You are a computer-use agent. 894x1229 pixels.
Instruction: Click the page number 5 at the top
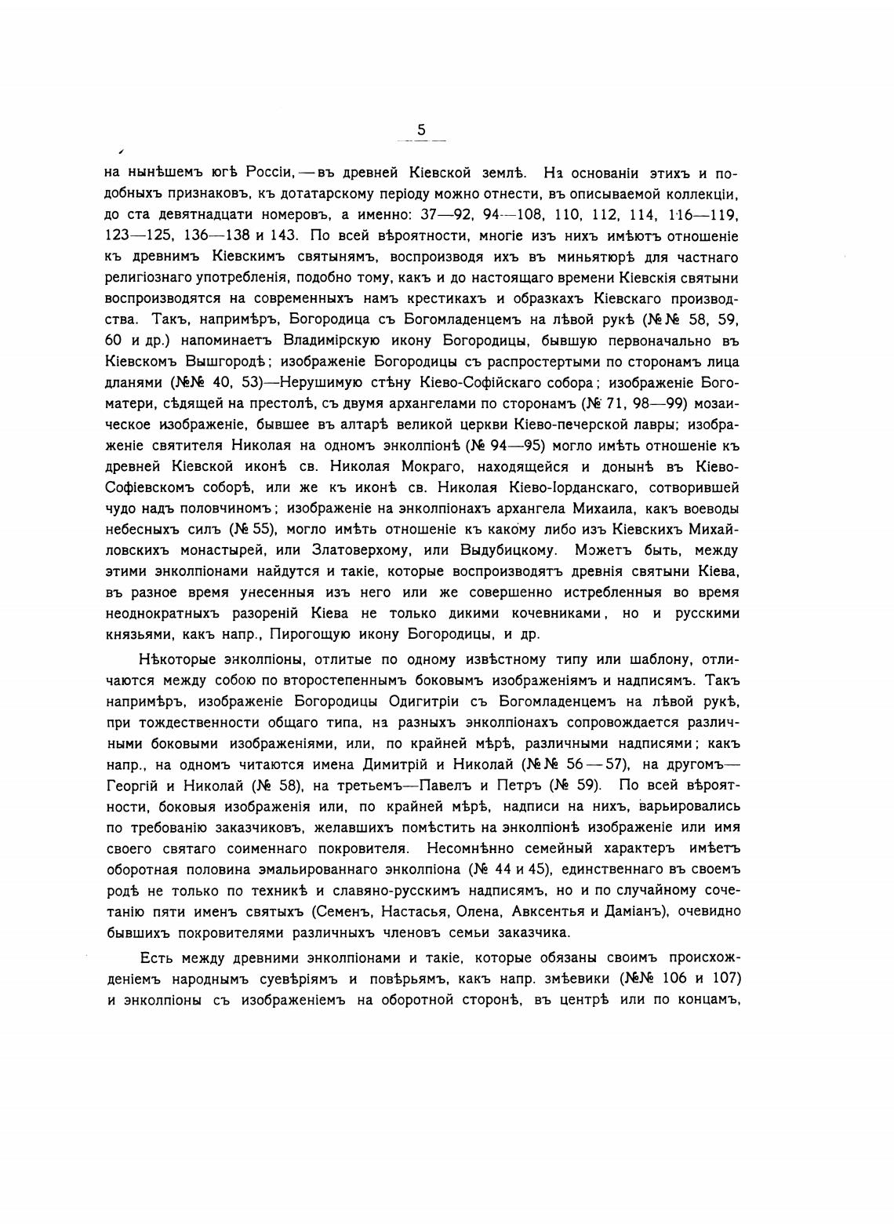[x=421, y=130]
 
